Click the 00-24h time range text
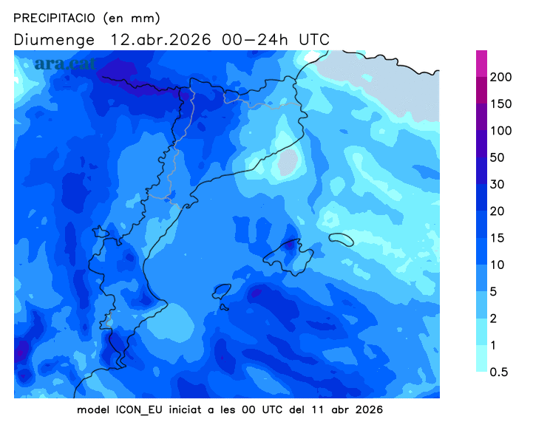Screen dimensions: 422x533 255,39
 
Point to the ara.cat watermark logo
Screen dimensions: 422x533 65,64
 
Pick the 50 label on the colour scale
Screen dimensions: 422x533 498,157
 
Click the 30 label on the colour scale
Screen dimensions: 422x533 498,184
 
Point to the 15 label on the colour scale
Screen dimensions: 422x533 498,238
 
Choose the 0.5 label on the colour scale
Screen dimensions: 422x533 500,372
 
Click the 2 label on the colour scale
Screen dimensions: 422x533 495,319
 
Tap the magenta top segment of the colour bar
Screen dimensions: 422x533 481,62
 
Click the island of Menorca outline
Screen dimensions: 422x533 341,239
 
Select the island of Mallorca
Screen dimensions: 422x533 287,253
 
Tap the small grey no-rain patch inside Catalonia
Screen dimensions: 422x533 288,162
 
